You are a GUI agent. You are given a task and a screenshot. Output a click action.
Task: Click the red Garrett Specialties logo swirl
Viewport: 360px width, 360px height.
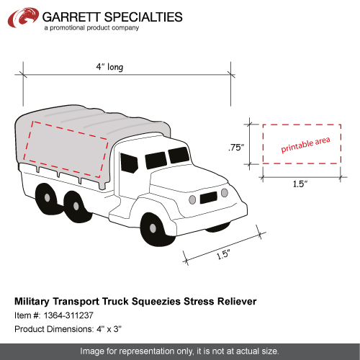point(23,17)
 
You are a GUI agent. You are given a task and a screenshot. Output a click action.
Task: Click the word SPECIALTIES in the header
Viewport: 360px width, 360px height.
point(143,17)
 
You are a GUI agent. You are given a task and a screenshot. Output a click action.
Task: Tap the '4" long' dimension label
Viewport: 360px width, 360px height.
point(109,67)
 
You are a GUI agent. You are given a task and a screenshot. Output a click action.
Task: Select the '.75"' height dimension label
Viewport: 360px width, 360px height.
point(236,148)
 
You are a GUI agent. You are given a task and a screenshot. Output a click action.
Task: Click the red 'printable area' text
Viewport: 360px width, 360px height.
point(305,145)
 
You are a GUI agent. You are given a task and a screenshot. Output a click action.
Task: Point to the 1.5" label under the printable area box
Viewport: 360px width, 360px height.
point(300,184)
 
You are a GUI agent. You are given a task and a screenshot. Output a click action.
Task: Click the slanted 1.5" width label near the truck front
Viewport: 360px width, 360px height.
point(223,254)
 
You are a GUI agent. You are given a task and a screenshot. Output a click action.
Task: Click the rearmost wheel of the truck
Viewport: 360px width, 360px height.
point(46,198)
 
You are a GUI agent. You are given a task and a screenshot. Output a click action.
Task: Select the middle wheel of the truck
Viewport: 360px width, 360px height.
point(77,207)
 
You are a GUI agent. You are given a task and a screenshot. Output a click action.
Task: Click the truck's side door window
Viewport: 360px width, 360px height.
point(129,163)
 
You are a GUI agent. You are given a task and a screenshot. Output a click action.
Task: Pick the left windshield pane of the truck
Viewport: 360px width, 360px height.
point(156,160)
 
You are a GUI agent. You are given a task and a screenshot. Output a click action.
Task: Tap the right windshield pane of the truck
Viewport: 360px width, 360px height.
point(179,155)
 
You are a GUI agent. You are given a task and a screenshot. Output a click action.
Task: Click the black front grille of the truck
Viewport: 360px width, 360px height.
point(209,197)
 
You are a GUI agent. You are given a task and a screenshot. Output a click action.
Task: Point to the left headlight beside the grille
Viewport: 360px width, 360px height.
point(192,199)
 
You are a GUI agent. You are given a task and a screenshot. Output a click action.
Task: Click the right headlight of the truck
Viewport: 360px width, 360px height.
point(225,193)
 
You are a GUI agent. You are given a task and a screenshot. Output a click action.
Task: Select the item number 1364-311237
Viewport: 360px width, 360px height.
point(68,315)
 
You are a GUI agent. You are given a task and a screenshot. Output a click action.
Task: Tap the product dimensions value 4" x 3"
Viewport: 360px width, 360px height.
point(109,329)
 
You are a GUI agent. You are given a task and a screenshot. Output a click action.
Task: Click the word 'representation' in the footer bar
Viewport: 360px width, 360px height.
point(147,351)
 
